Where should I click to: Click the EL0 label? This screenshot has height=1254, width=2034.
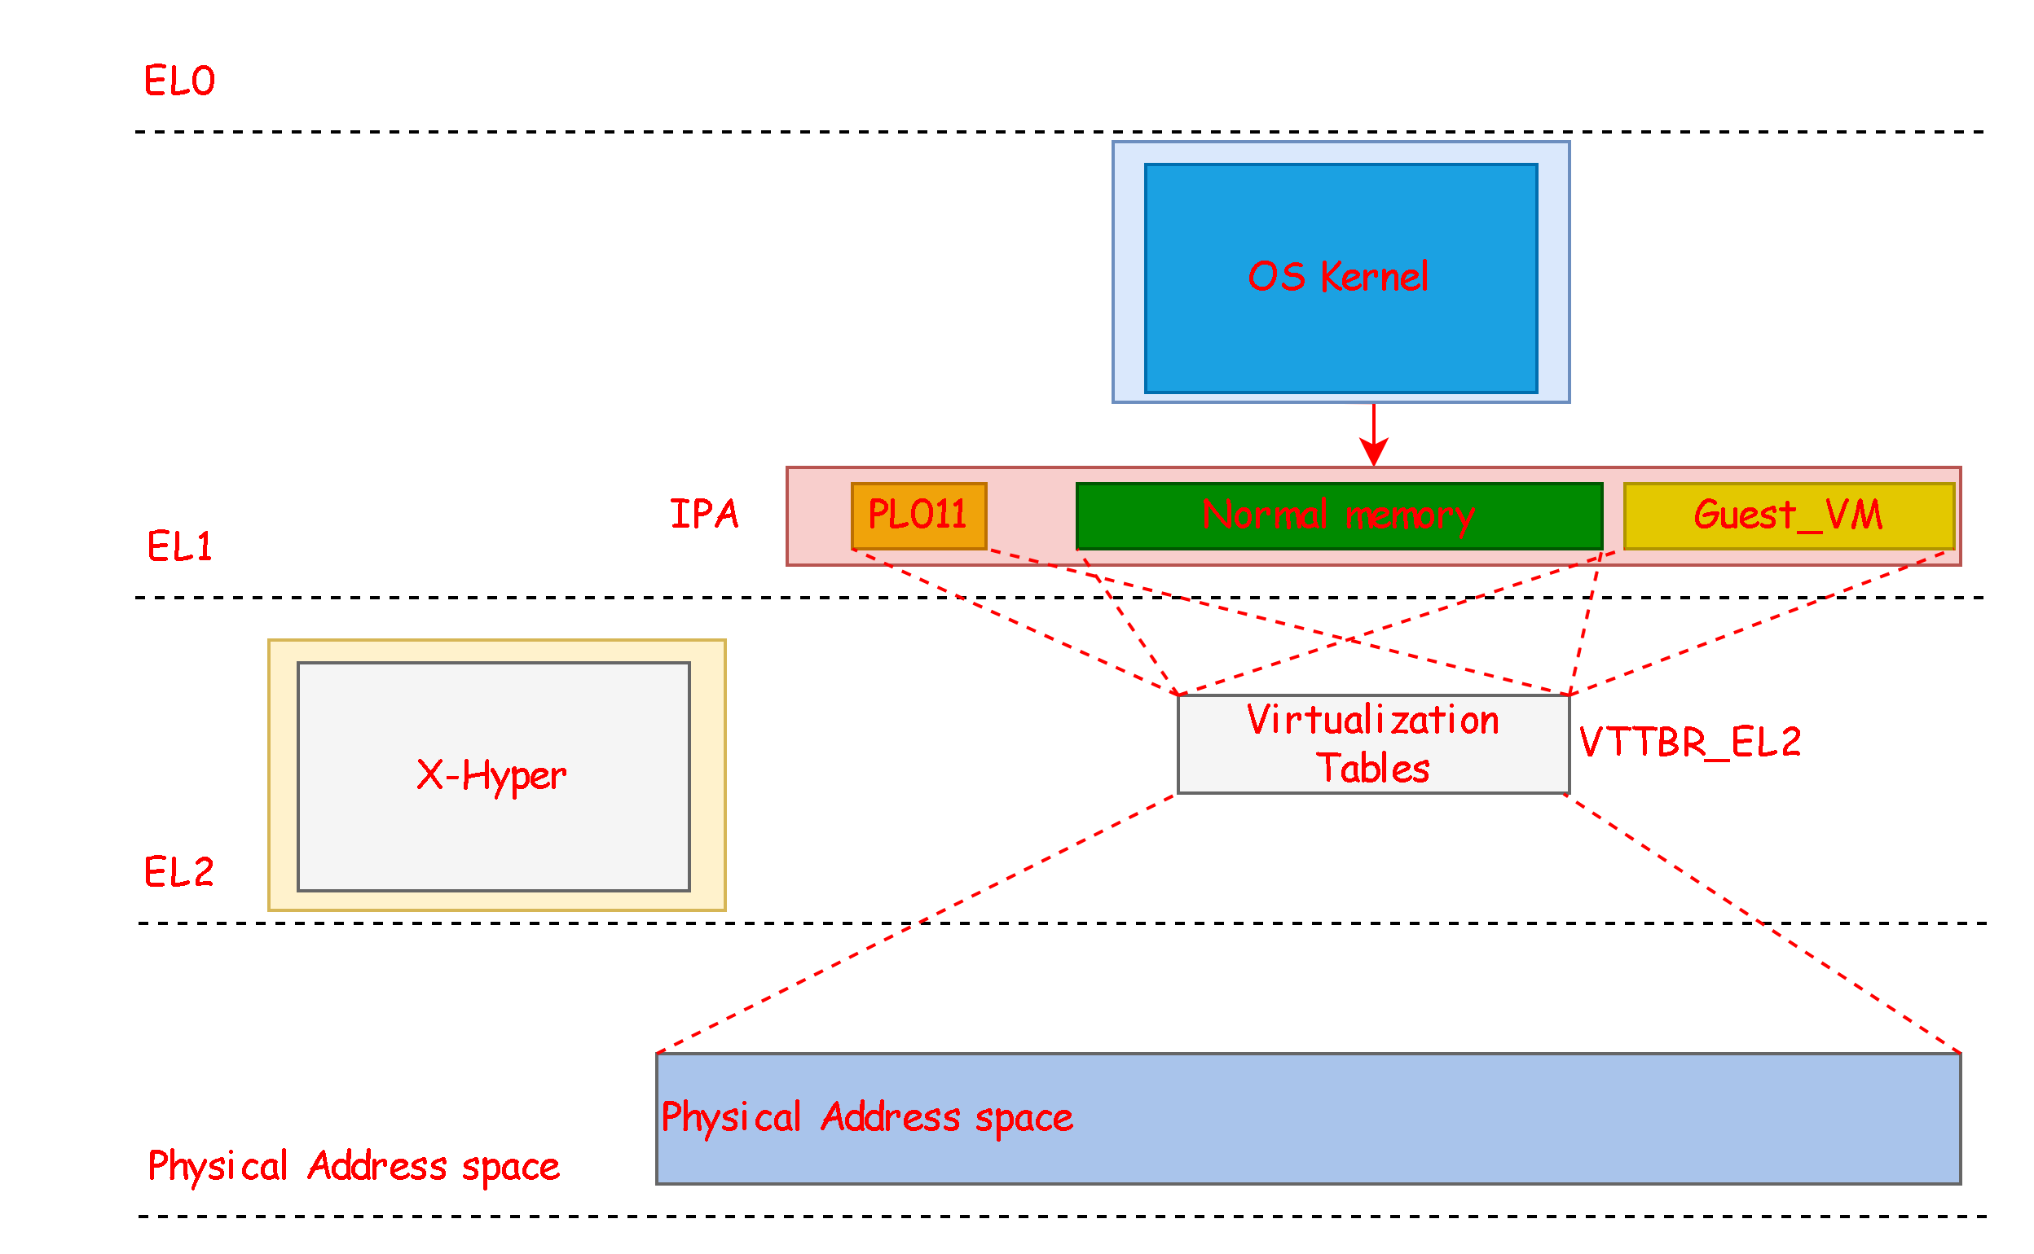(x=179, y=81)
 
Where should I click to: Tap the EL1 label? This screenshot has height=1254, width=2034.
(x=179, y=546)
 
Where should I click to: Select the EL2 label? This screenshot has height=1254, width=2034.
(x=179, y=871)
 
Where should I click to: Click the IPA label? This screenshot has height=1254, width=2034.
(x=704, y=514)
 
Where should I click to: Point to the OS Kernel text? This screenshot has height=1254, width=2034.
(x=1338, y=277)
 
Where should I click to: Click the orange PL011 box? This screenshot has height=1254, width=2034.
(x=918, y=515)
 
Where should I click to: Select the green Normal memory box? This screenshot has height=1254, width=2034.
(x=1338, y=515)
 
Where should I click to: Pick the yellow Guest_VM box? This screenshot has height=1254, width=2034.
(x=1789, y=515)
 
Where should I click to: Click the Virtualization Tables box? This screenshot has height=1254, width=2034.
(x=1372, y=744)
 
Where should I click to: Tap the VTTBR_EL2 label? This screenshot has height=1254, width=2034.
(x=1689, y=743)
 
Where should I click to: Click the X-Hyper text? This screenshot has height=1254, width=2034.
(x=491, y=776)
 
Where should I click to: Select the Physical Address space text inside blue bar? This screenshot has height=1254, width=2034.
(x=866, y=1117)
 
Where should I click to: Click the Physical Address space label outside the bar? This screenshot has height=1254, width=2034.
(x=354, y=1166)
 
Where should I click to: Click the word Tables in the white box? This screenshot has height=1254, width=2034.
(x=1372, y=769)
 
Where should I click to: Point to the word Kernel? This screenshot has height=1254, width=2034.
(x=1373, y=277)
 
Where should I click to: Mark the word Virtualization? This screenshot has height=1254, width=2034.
(x=1372, y=720)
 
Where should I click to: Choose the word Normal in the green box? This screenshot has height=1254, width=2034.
(x=1265, y=515)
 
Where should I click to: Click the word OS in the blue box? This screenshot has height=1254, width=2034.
(x=1276, y=277)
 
